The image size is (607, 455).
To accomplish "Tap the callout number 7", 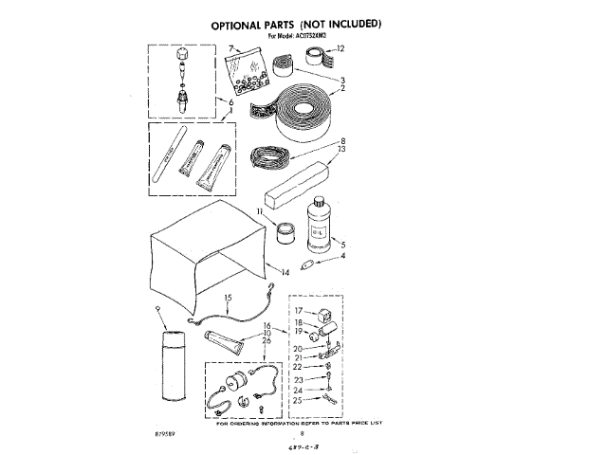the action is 229,47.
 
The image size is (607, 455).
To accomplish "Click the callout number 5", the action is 342,244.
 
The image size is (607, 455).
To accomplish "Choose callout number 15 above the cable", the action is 228,299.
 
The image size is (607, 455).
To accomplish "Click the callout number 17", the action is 297,311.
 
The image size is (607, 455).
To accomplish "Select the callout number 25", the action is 297,400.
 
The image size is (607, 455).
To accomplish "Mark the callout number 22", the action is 297,366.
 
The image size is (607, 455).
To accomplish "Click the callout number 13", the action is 341,150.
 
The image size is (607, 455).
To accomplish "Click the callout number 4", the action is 342,256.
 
